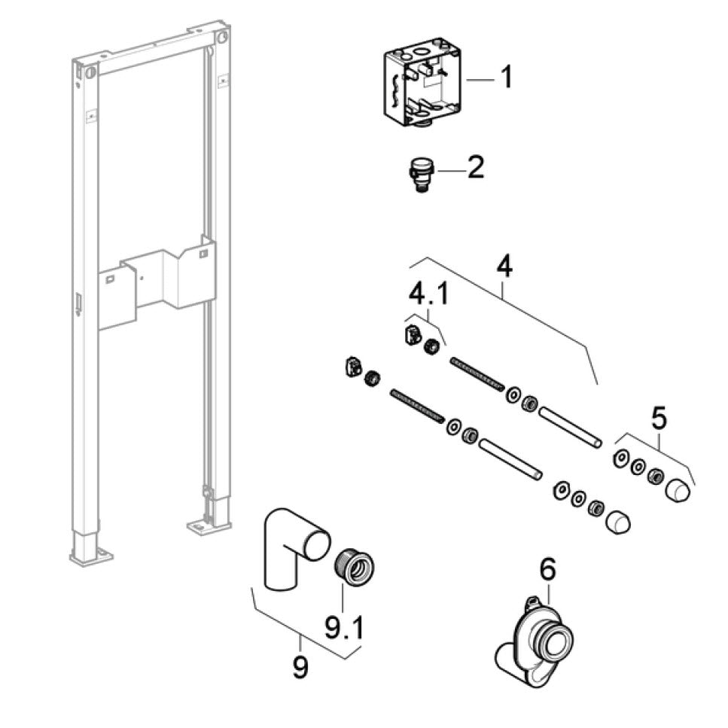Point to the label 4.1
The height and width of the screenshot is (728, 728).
(x=428, y=294)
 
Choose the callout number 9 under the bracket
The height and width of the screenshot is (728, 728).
(x=300, y=667)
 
